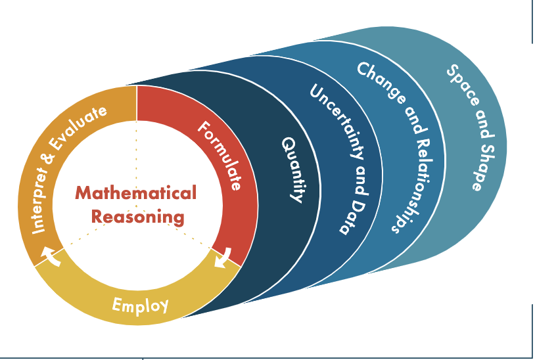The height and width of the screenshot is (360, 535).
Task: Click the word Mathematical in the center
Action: [x=135, y=193]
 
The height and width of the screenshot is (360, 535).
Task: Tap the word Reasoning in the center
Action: [x=137, y=216]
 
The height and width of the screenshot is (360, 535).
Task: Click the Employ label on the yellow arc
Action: [x=140, y=305]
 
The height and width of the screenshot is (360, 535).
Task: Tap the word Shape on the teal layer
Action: [x=482, y=162]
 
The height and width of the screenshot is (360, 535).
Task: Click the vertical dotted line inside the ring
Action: [x=137, y=145]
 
